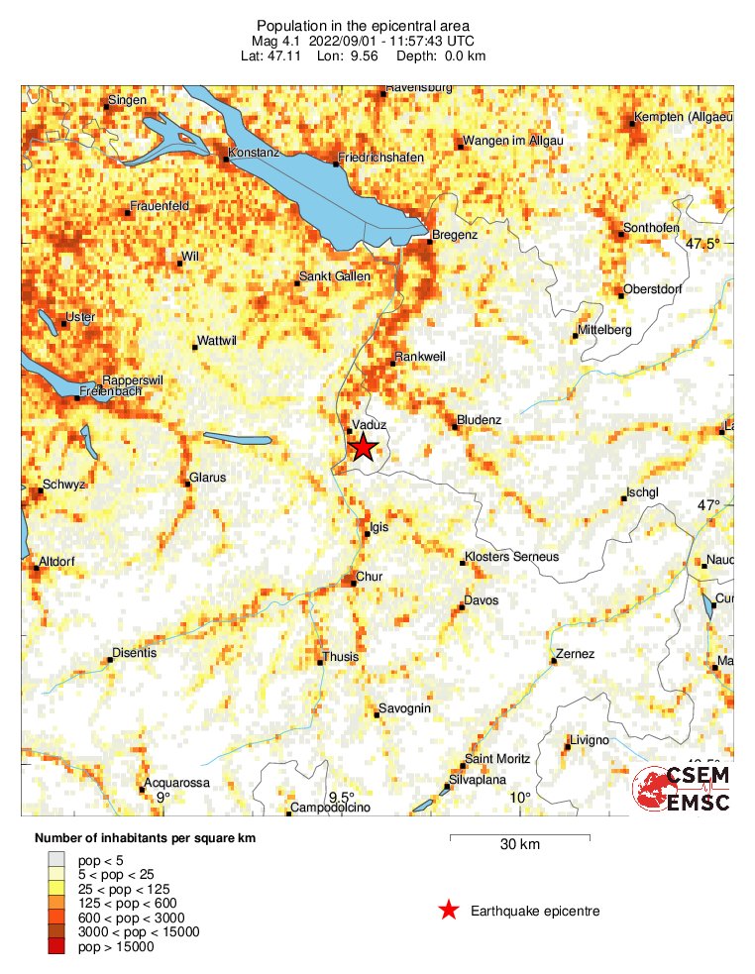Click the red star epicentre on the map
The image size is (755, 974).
tap(364, 447)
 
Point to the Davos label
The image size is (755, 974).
tap(482, 600)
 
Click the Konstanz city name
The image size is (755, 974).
tap(255, 154)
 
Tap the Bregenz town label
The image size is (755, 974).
tap(456, 235)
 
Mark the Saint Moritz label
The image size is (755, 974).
tap(497, 759)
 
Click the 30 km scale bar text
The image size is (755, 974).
tap(519, 845)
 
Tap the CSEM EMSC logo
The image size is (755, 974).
tap(683, 789)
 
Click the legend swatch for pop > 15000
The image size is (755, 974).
tap(61, 948)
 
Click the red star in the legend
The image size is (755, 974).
tap(449, 910)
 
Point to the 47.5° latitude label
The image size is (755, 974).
tap(705, 244)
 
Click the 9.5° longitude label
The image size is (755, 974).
tap(342, 798)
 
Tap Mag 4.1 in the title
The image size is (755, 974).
tap(280, 41)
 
